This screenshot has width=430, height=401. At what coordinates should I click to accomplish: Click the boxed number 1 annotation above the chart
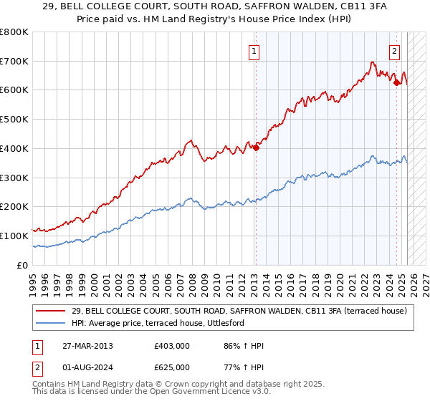coord(254,51)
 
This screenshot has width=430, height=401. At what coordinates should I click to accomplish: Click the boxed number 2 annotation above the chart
coord(395,51)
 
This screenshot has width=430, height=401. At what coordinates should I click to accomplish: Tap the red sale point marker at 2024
coord(396,83)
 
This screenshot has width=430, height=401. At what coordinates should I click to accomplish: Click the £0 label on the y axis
coord(21,265)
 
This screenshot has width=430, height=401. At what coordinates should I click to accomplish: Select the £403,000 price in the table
coord(172,346)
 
